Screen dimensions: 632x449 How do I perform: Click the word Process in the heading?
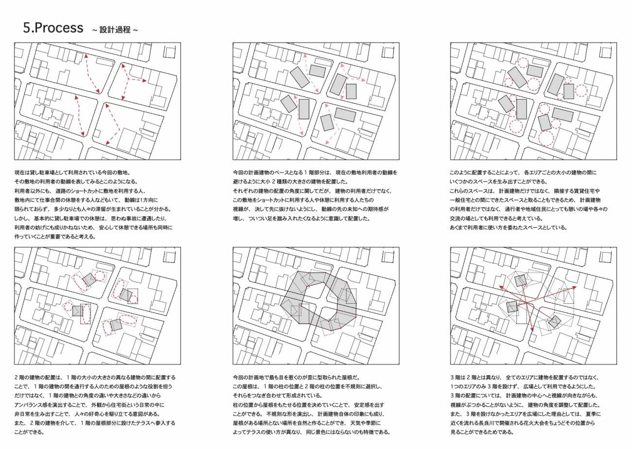[x=59, y=28]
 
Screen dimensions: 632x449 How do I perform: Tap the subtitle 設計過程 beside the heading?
[x=115, y=30]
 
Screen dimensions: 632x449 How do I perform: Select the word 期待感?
[x=380, y=209]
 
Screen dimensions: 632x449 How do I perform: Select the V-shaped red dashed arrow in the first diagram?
[x=113, y=124]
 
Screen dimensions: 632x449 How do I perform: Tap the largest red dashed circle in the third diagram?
[x=546, y=138]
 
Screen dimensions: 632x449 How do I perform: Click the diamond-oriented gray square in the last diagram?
[x=554, y=322]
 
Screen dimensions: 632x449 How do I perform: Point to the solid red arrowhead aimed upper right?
[x=574, y=287]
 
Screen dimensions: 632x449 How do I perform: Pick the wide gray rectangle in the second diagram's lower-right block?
[x=345, y=115]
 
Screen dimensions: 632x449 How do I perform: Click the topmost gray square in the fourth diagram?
[x=89, y=279]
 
